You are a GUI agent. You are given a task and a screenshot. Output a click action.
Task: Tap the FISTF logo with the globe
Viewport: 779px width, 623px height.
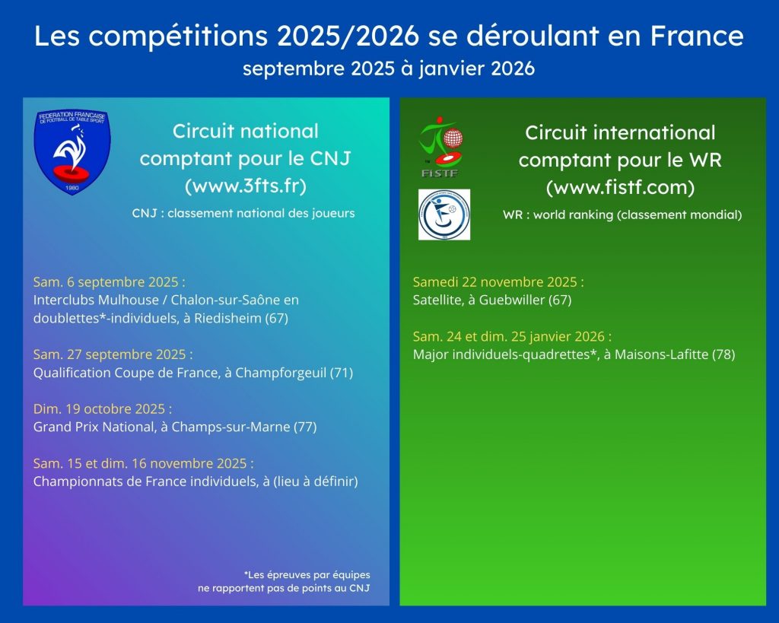pos(441,147)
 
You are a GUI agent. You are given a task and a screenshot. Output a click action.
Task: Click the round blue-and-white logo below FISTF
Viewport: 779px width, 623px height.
pos(444,215)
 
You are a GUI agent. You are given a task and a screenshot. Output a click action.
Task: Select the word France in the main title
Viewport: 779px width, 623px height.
pos(697,36)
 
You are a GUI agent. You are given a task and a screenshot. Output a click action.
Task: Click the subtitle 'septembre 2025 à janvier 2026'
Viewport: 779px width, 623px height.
pos(389,68)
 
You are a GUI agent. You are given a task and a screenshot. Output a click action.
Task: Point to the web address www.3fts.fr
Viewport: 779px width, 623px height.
pos(246,186)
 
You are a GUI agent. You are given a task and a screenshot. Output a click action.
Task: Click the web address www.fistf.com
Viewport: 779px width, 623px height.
pos(620,187)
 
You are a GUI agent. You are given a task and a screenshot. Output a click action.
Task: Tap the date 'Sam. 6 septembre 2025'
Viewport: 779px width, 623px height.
pos(110,282)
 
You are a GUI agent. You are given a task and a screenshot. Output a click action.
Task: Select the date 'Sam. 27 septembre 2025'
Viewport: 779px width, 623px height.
pos(113,354)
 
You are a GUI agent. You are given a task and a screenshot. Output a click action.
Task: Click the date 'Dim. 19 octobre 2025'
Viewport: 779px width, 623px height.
pos(103,409)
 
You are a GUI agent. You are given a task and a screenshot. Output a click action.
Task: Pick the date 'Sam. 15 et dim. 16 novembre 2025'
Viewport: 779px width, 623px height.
pos(144,463)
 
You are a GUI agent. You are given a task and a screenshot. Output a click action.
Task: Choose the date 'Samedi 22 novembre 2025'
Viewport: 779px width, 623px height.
pos(498,282)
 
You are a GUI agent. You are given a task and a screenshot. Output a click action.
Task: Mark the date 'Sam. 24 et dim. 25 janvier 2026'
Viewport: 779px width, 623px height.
pos(512,337)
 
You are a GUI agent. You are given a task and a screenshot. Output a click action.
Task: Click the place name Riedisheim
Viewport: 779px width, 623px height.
pos(227,319)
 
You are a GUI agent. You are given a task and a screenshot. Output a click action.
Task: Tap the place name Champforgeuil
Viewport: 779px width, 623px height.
pos(281,373)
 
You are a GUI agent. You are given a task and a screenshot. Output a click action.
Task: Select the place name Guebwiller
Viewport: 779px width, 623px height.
pos(512,300)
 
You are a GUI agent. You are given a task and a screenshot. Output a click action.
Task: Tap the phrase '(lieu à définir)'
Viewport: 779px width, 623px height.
pos(316,482)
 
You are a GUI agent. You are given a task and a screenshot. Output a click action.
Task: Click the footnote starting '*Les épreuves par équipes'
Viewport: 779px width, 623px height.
pos(285,581)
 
